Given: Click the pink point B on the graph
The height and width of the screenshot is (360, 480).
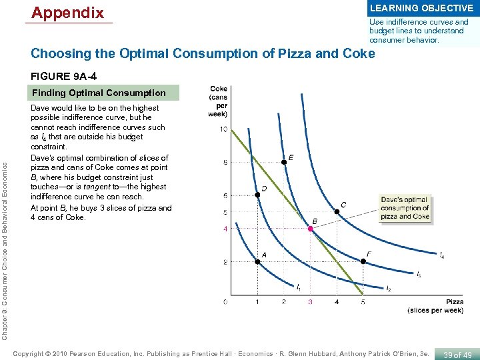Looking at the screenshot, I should [x=310, y=229].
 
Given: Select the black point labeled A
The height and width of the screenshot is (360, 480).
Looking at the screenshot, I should [x=257, y=261].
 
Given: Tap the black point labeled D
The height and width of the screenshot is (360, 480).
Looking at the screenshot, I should [x=257, y=195].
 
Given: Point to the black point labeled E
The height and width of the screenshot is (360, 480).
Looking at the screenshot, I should [x=284, y=162].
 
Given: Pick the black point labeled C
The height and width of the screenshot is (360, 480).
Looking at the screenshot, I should [x=337, y=212].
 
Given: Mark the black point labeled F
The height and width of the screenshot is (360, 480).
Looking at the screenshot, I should [x=363, y=261].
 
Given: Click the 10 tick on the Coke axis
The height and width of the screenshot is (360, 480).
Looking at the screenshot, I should [x=224, y=129].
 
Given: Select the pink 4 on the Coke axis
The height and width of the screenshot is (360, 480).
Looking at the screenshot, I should [x=225, y=229].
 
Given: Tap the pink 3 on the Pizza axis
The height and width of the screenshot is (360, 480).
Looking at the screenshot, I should [x=310, y=302].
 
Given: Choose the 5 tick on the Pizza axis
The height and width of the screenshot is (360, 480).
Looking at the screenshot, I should [x=363, y=302].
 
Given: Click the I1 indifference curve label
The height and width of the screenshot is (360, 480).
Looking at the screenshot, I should [x=298, y=287].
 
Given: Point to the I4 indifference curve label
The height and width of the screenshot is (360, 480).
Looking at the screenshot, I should [x=441, y=255].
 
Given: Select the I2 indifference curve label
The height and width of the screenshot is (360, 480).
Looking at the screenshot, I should [x=388, y=289].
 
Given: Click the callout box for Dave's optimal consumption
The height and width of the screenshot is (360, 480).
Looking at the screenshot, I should [x=405, y=207].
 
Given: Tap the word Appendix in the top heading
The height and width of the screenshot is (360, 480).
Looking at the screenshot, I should [x=68, y=13].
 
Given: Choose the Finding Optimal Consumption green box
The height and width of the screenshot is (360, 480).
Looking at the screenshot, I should [x=99, y=93].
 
